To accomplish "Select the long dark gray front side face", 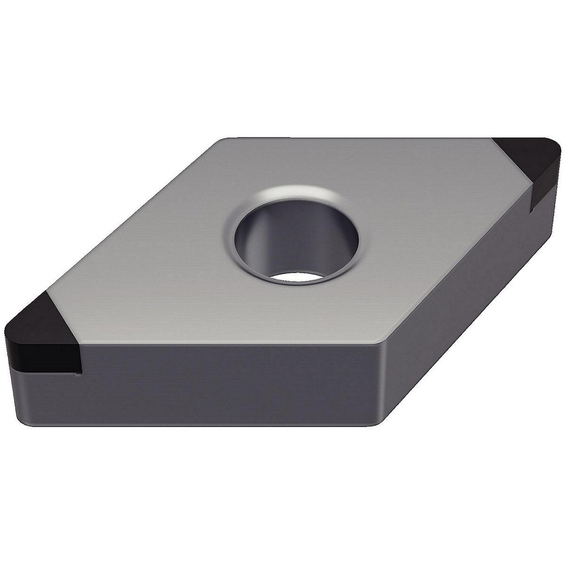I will pyautogui.click(x=226, y=384).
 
